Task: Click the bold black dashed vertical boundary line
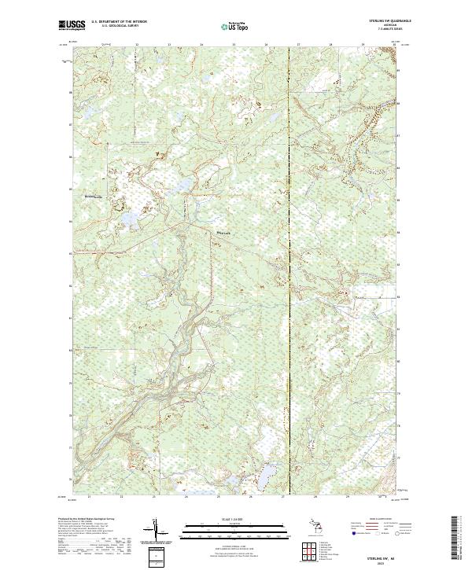click(x=288, y=267)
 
